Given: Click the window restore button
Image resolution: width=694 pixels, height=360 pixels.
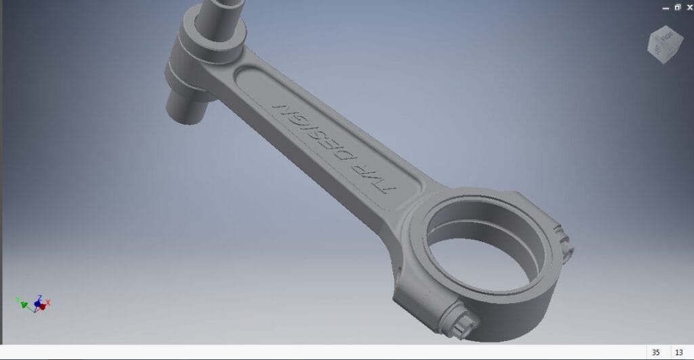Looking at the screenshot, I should pos(676,7).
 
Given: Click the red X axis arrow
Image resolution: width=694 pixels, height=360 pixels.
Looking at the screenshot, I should pos(47,302).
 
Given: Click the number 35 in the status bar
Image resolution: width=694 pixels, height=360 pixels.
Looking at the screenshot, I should pos(655,353).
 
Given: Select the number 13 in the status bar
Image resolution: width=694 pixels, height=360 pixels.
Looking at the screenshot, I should pos(678,353).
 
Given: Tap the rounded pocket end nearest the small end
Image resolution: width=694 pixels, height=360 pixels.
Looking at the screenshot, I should pos(247,72).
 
